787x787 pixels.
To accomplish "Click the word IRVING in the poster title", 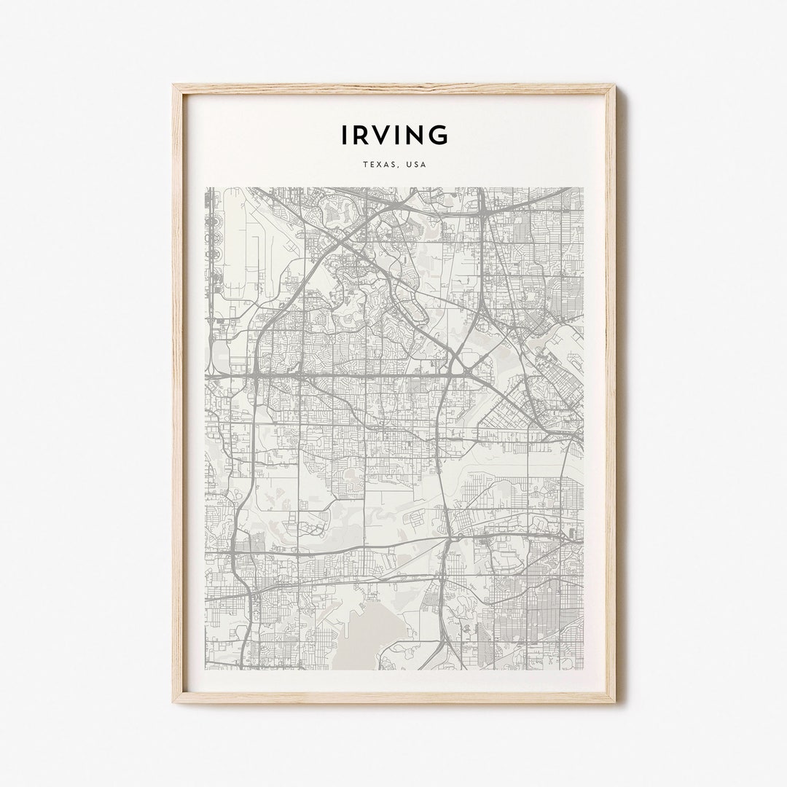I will (x=394, y=135).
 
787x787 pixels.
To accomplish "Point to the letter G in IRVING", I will (x=438, y=135).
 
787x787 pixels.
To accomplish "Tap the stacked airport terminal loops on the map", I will (x=216, y=233).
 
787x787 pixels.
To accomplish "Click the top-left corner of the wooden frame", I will (x=176, y=87).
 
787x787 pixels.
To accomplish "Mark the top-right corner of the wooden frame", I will (x=613, y=87).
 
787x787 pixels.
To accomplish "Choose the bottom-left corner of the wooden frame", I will (x=176, y=700).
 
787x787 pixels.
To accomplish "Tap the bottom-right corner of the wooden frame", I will (x=613, y=700).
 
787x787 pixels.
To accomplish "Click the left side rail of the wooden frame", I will (x=177, y=393).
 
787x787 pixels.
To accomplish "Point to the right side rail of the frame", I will (x=611, y=393).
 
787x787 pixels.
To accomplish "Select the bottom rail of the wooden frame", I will (x=394, y=698).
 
